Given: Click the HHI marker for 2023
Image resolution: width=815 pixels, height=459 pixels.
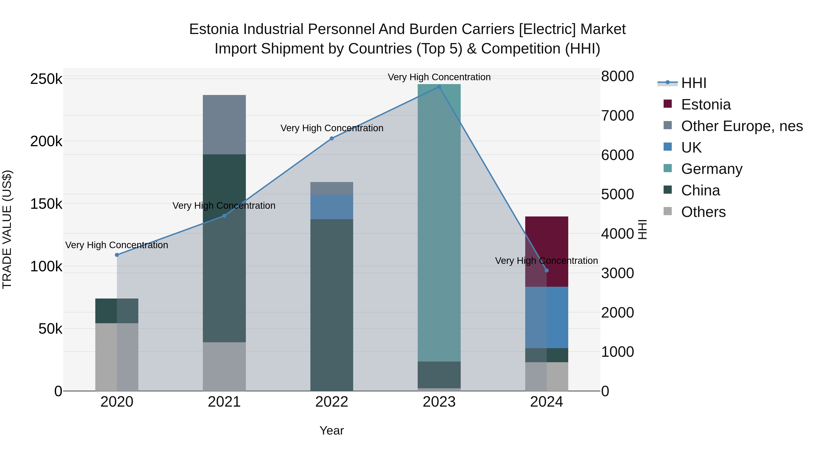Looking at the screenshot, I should click(x=439, y=87).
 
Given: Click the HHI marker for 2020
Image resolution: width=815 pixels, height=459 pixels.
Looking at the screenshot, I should click(x=117, y=255).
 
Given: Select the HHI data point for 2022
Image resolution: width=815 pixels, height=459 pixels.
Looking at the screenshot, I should click(x=332, y=138).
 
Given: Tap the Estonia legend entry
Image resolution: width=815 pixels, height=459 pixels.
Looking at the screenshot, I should click(x=705, y=104).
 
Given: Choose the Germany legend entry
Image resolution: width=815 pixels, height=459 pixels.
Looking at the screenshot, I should click(x=712, y=169).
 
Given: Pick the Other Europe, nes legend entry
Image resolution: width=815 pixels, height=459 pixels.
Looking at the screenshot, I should click(x=742, y=126).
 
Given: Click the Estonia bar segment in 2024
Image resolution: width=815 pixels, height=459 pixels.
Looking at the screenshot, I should click(x=547, y=241).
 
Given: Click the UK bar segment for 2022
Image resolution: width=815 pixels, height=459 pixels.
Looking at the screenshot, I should click(x=332, y=207).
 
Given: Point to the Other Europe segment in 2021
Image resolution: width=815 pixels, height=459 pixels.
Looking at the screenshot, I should click(x=224, y=124).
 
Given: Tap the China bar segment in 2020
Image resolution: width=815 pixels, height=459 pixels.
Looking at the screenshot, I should click(x=117, y=311).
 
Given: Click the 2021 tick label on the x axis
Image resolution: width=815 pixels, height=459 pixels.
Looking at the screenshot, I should click(x=224, y=402).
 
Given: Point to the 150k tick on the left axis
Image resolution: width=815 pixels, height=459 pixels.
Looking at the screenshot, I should click(x=46, y=204).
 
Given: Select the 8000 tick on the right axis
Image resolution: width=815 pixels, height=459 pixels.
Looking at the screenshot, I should click(x=617, y=76).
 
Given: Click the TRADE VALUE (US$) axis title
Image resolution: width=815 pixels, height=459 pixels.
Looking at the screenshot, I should click(x=7, y=229).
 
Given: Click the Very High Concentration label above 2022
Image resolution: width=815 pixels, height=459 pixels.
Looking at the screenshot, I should click(x=332, y=128).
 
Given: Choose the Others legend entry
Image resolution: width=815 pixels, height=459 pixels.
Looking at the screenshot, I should click(x=703, y=212).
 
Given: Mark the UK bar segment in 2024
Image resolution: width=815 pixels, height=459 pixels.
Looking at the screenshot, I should click(x=547, y=317).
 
